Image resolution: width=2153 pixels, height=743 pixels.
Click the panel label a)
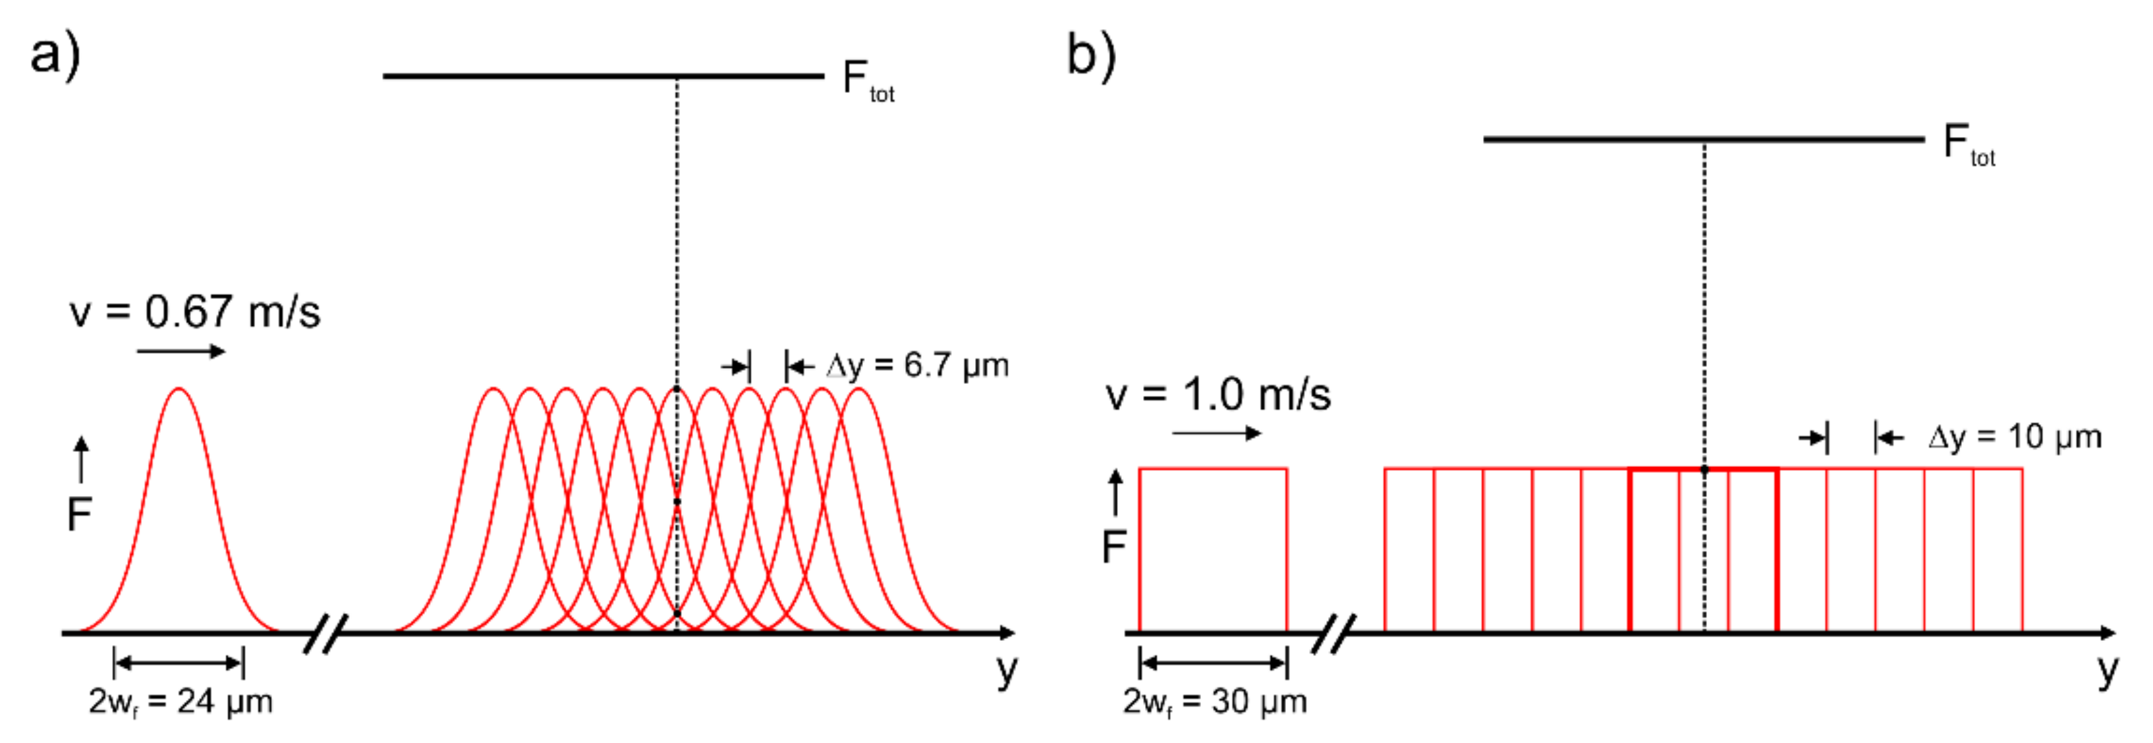click(55, 55)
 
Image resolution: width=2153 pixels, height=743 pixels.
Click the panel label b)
click(1092, 55)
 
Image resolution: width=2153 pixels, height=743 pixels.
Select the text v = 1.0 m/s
click(1217, 395)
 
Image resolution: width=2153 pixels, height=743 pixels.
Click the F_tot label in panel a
click(868, 81)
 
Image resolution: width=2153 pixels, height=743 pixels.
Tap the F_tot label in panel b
click(1969, 145)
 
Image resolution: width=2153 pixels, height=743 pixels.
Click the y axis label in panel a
click(1007, 669)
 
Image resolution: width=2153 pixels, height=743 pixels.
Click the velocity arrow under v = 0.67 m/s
click(181, 351)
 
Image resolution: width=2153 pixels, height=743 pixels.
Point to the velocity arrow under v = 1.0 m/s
click(1216, 433)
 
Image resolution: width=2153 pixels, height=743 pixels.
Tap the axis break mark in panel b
click(1334, 634)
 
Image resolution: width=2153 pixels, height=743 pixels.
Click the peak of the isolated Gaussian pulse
click(179, 389)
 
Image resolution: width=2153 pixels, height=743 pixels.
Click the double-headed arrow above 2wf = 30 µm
click(1213, 663)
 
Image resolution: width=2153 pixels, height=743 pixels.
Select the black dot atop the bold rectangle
click(1705, 470)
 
